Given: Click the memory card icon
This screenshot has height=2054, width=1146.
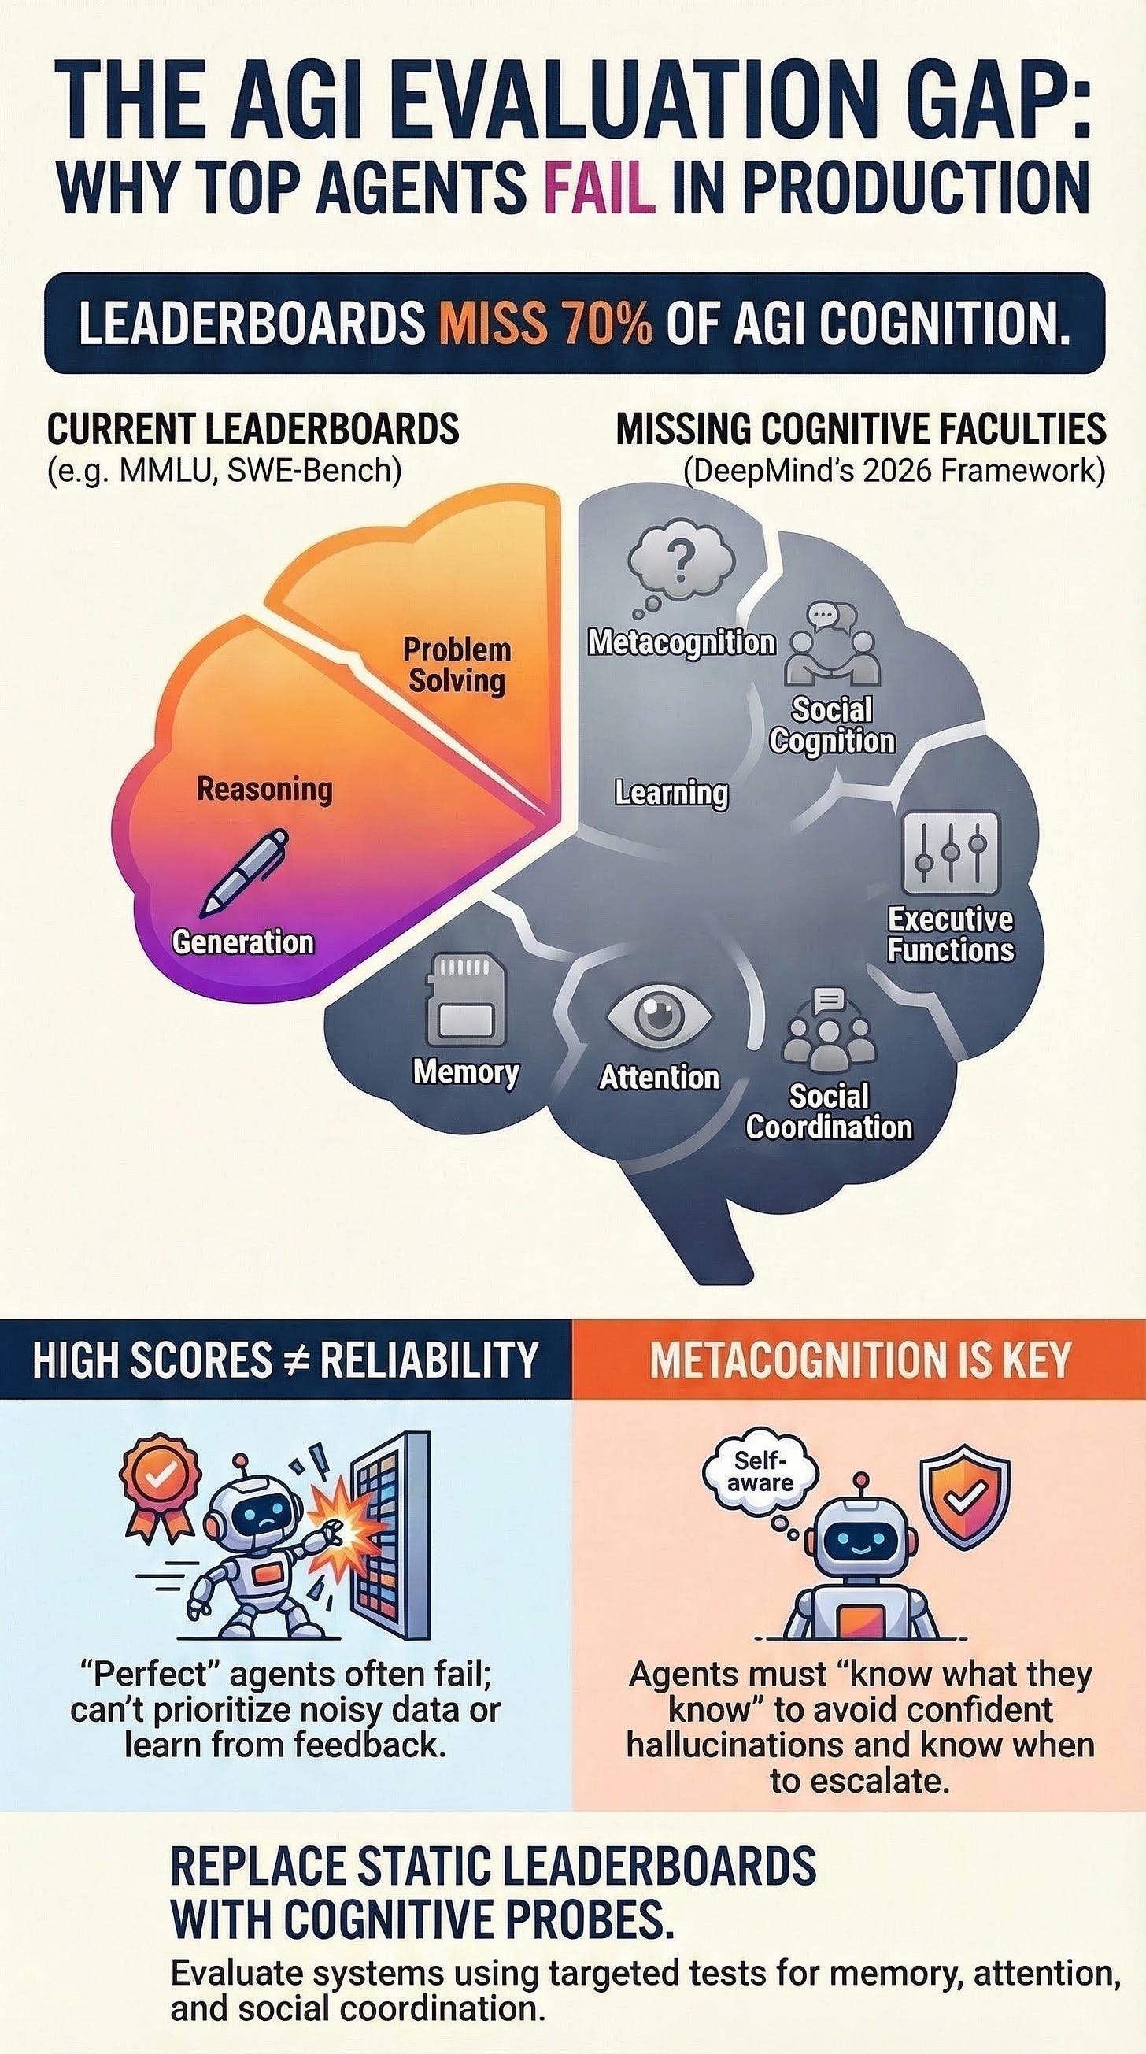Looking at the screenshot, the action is pyautogui.click(x=465, y=999).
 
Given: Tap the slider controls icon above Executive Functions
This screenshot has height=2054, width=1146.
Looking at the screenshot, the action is pyautogui.click(x=950, y=853).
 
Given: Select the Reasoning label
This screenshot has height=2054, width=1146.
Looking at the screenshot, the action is pyautogui.click(x=264, y=790).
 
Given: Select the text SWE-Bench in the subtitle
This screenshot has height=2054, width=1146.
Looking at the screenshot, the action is pyautogui.click(x=313, y=471).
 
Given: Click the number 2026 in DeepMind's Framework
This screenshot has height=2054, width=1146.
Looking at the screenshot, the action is pyautogui.click(x=888, y=471).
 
